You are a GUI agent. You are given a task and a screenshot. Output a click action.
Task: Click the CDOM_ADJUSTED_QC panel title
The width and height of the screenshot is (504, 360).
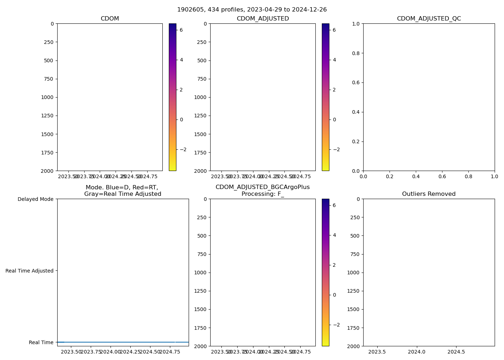(x=429, y=19)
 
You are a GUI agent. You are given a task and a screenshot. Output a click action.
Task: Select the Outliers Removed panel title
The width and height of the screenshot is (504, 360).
(x=429, y=194)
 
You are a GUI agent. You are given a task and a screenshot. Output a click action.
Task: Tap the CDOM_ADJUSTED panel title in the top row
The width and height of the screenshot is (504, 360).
(x=263, y=19)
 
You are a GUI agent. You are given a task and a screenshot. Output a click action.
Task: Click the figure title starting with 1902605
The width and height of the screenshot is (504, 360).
(x=252, y=10)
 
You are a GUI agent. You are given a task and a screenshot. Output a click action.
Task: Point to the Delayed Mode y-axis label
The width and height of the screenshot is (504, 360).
(x=35, y=199)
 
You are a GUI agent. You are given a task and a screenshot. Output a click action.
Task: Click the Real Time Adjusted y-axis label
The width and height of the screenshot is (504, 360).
(x=30, y=271)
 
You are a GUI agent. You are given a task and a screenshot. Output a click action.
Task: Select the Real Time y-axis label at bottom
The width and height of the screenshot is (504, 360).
(x=41, y=342)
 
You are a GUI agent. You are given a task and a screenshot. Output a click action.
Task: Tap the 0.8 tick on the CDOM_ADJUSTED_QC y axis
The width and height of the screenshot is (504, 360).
(x=356, y=53)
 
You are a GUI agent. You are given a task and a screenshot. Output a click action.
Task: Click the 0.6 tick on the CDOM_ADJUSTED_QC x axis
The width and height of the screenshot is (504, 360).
(x=442, y=176)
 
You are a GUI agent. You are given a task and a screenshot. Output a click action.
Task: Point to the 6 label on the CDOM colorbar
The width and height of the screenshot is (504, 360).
(x=181, y=30)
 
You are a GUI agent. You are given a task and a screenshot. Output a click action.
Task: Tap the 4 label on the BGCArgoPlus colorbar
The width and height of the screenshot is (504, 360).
(x=334, y=235)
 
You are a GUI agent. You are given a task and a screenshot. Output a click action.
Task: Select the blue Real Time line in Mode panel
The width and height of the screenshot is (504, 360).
(x=122, y=342)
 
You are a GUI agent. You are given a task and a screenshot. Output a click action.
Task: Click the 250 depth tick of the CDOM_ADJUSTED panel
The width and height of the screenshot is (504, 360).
(x=202, y=42)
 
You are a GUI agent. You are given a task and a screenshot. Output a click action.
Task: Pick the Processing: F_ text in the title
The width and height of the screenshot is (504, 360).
(x=263, y=194)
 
